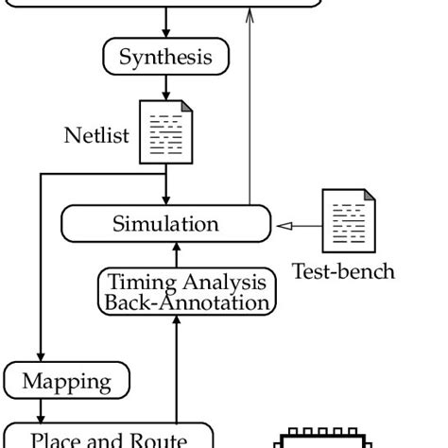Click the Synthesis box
pyautogui.click(x=165, y=57)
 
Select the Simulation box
pyautogui.click(x=165, y=224)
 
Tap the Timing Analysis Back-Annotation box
pyautogui.click(x=187, y=292)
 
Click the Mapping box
pyautogui.click(x=66, y=382)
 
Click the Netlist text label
pyautogui.click(x=95, y=135)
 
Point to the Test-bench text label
pyautogui.click(x=342, y=271)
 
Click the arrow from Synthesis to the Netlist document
pyautogui.click(x=166, y=89)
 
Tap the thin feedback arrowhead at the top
pyautogui.click(x=250, y=13)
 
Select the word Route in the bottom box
pyautogui.click(x=157, y=439)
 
